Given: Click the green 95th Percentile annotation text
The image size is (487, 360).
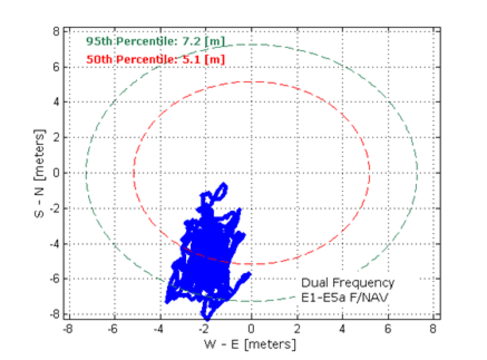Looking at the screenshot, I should tap(155, 41).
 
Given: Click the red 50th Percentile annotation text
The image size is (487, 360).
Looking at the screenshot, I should tap(155, 59).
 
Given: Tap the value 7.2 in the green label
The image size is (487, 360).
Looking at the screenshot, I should tap(191, 41).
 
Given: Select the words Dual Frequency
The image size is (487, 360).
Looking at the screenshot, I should tap(348, 283).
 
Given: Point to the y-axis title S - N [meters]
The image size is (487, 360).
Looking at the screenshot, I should tap(40, 173).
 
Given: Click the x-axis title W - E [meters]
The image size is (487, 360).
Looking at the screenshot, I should tap(250, 344).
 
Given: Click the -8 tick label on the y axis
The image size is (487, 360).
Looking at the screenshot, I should tap(55, 314).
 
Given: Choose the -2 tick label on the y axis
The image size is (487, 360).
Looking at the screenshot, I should tap(55, 209).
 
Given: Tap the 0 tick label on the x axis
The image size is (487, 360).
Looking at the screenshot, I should tap(251, 329).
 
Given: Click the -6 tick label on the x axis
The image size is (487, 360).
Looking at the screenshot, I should tap(113, 329).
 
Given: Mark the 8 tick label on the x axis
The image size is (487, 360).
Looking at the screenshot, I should tap(433, 329).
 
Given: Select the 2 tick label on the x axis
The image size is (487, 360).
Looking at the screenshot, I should tap(297, 329).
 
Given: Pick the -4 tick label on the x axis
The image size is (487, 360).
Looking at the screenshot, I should tap(158, 329).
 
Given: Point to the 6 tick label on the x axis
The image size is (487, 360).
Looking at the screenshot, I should tap(387, 329).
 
